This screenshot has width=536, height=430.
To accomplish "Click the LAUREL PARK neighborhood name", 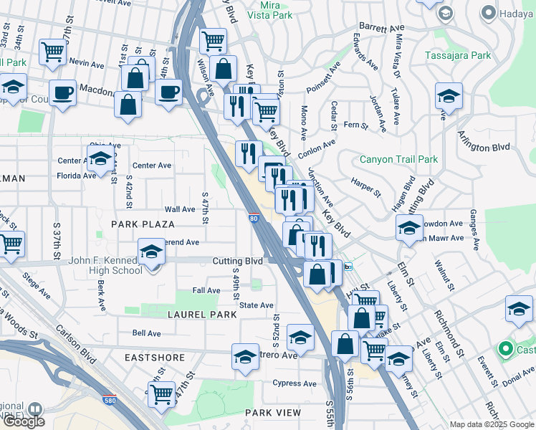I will click(201, 315).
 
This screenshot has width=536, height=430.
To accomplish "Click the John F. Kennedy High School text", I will click(105, 265).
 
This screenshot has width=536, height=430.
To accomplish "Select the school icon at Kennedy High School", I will click(152, 254).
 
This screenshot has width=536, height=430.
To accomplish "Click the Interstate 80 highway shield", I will click(254, 217).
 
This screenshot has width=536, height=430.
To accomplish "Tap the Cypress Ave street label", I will click(294, 383).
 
